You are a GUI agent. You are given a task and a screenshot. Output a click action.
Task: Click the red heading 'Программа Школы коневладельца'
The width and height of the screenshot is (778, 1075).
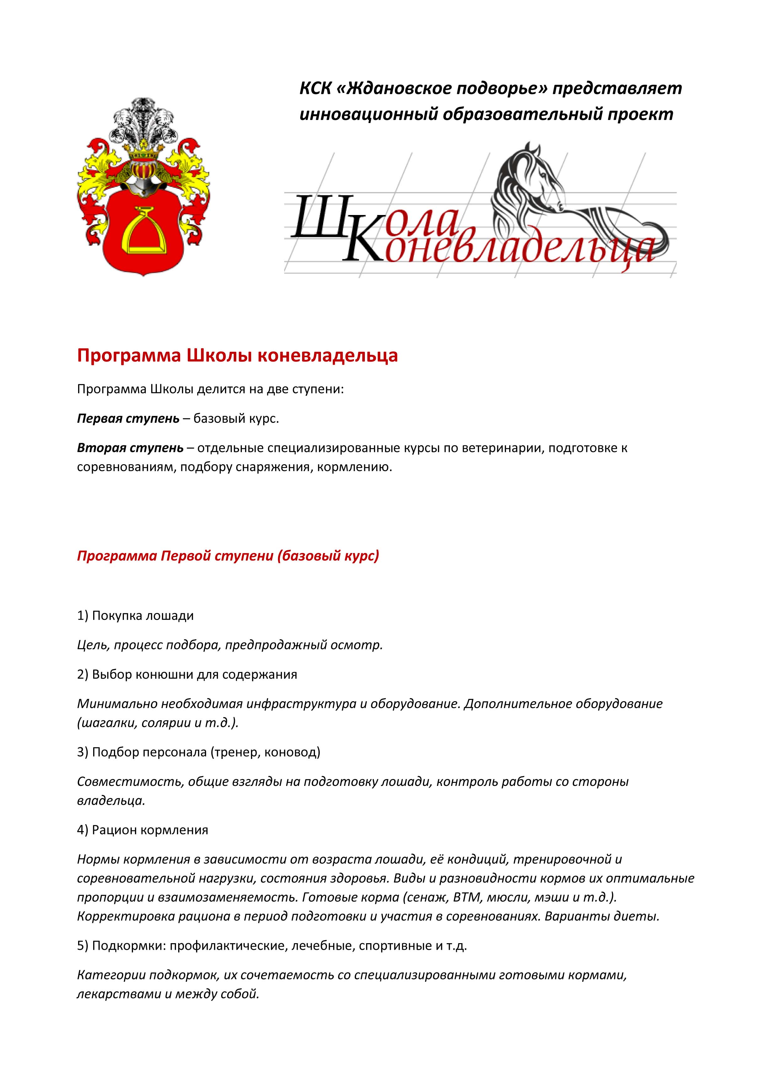[x=237, y=356]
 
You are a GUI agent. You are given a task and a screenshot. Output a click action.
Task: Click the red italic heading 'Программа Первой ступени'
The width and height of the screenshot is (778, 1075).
[x=228, y=556]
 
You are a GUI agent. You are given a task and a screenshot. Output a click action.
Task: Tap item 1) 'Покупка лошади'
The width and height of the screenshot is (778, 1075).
[x=136, y=616]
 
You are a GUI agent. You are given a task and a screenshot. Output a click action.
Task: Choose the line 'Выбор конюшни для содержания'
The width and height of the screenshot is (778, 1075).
[x=187, y=675]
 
